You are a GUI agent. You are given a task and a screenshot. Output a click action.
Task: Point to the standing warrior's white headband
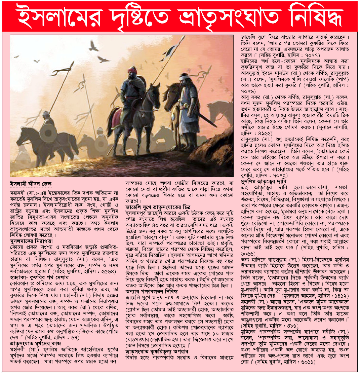tap(183, 78)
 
